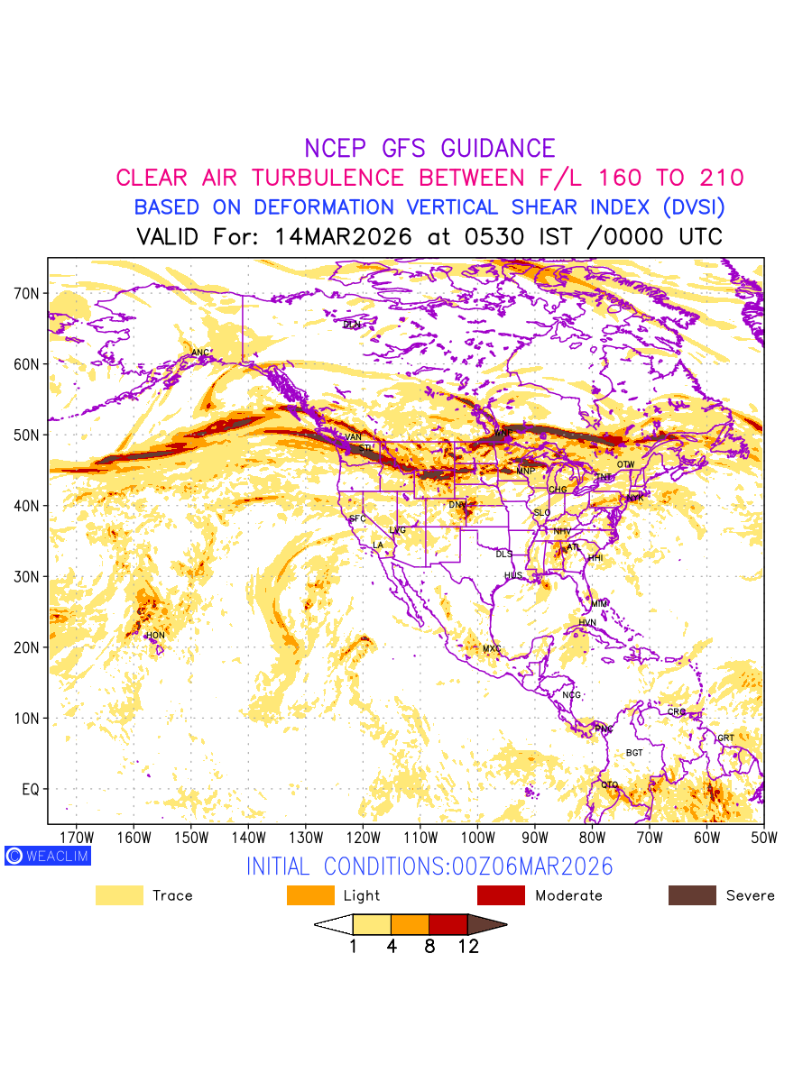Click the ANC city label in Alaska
pos(200,353)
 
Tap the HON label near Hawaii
pos(156,636)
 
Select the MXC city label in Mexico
pos(492,649)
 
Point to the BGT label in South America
pos(634,753)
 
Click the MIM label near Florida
pos(599,603)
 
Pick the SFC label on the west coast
pos(358,519)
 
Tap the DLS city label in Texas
pos(503,555)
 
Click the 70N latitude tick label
pos(25,294)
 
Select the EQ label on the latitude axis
pos(30,789)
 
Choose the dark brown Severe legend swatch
pos(692,895)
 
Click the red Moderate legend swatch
pos(501,895)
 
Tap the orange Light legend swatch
pos(310,895)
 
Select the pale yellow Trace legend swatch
pos(119,895)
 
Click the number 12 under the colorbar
pos(467,947)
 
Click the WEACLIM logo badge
pos(47,856)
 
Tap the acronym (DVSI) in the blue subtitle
pos(692,207)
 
